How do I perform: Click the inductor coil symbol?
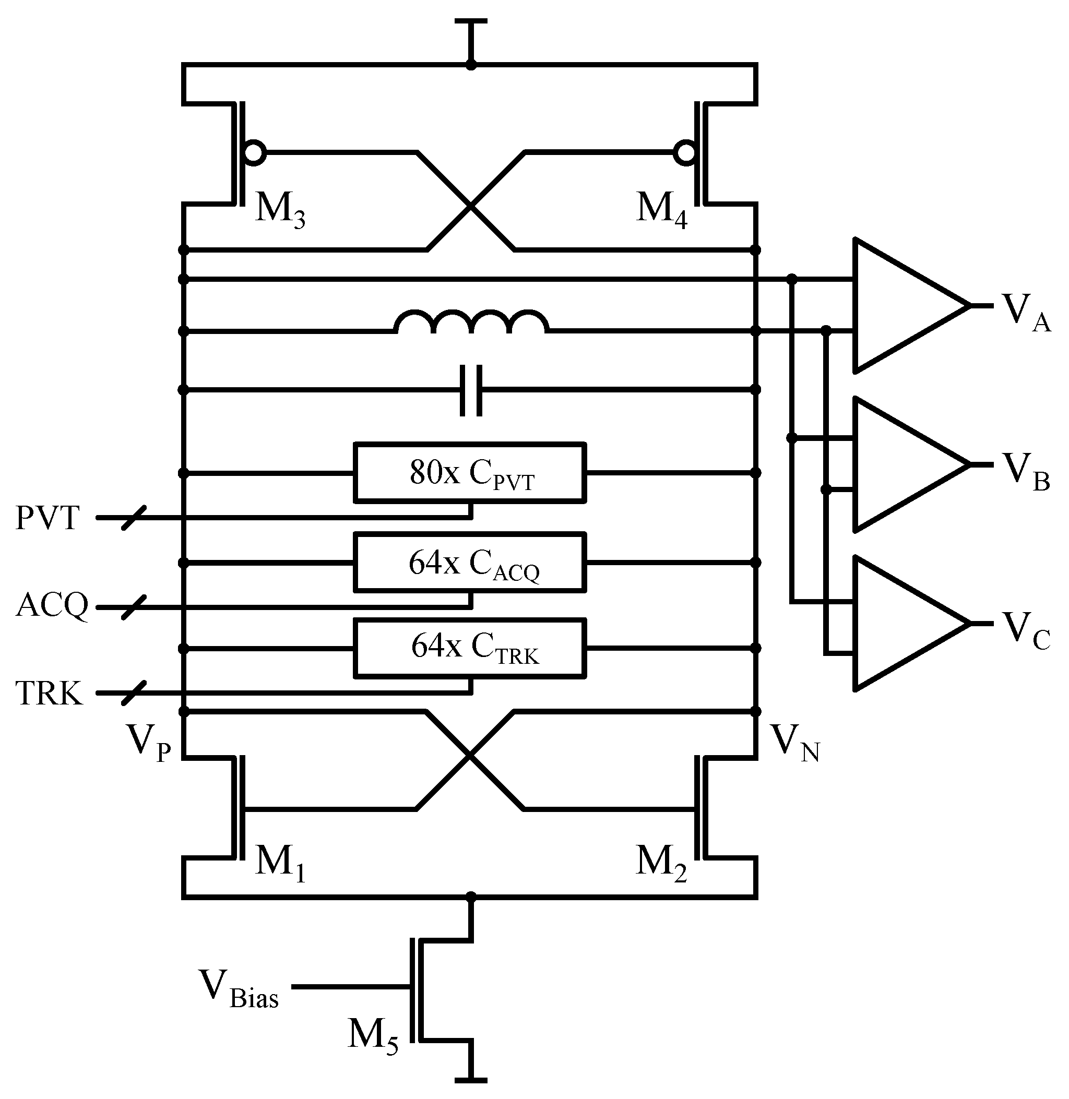click(472, 322)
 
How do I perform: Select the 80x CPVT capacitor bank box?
click(470, 473)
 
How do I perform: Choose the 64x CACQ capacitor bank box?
click(470, 562)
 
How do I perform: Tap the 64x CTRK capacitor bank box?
click(470, 648)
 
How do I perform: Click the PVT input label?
click(47, 518)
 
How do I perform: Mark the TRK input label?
click(49, 693)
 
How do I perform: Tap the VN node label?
click(794, 742)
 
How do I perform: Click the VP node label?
click(149, 742)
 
